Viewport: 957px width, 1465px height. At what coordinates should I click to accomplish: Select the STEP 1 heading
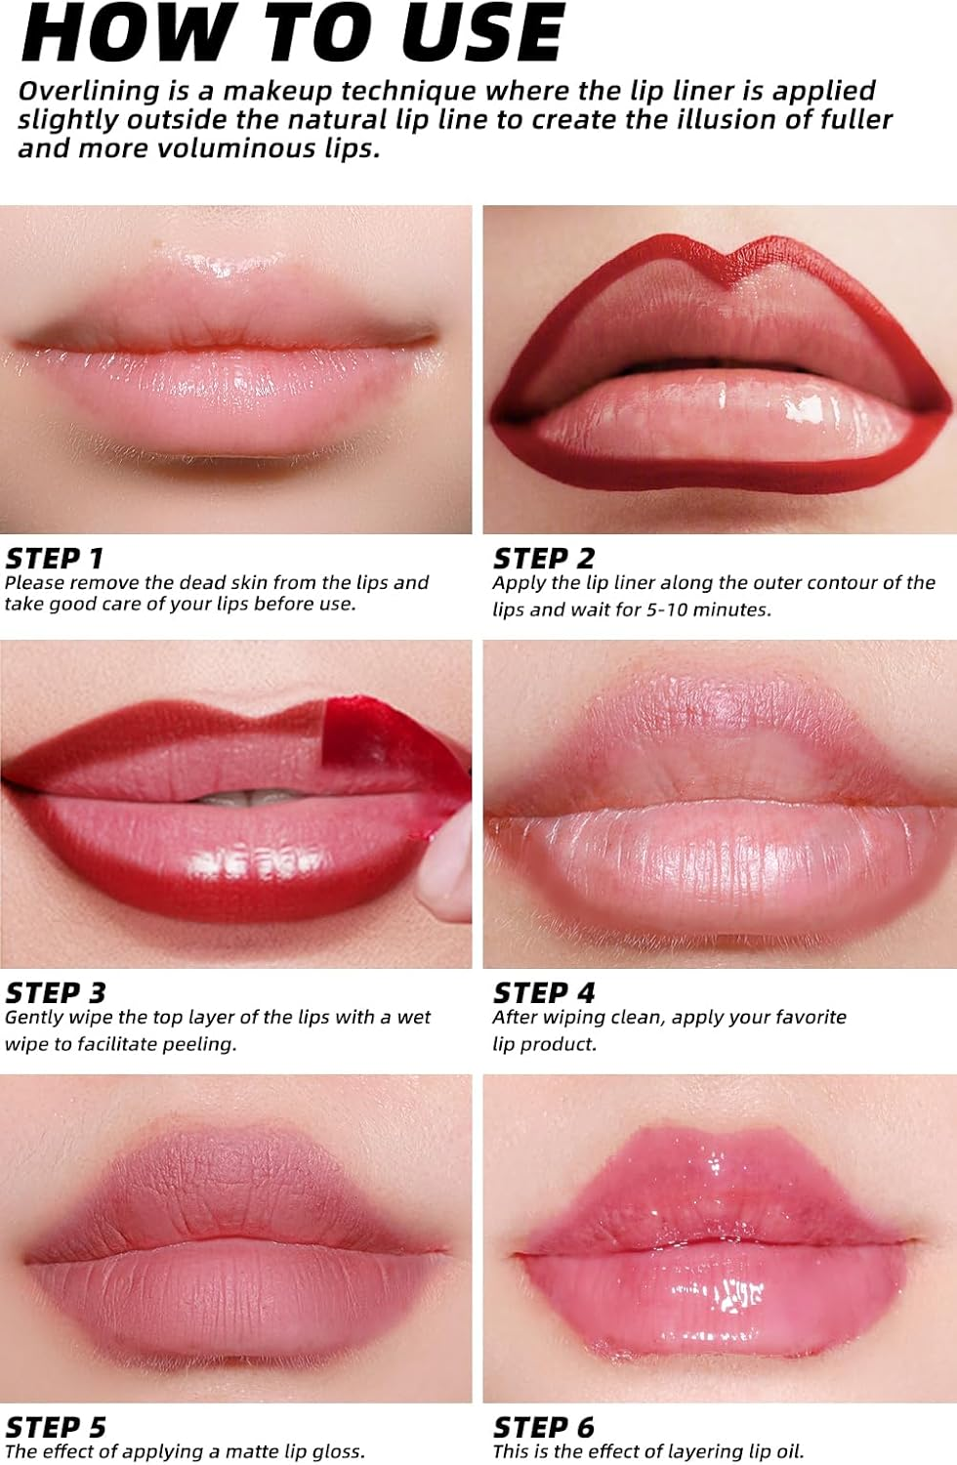54,559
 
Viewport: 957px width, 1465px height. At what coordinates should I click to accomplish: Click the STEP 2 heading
543,559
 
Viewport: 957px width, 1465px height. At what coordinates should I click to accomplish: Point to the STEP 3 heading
55,993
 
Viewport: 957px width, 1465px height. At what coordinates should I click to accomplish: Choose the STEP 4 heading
543,993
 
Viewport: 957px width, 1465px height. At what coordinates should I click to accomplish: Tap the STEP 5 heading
55,1427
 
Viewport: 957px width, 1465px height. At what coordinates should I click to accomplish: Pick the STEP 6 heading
543,1427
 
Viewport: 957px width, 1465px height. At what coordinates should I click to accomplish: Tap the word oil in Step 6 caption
787,1451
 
